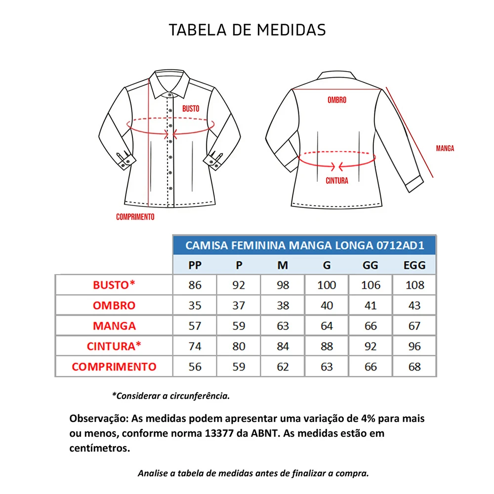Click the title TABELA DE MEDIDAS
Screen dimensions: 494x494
click(x=247, y=30)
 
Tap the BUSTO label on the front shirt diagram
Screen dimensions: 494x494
click(x=191, y=109)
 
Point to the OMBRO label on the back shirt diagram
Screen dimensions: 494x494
click(x=336, y=100)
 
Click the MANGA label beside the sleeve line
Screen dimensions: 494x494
click(x=445, y=148)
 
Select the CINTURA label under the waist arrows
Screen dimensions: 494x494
click(x=336, y=181)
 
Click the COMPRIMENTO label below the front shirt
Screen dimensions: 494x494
click(x=135, y=217)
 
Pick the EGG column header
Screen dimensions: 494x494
click(x=414, y=265)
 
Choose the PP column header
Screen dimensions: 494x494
click(x=195, y=265)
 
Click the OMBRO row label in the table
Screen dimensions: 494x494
click(x=114, y=306)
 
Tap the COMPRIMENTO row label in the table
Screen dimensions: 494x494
click(x=114, y=367)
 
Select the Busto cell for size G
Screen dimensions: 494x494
click(x=327, y=285)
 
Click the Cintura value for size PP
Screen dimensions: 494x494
click(x=195, y=346)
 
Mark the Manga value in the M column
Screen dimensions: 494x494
click(x=283, y=326)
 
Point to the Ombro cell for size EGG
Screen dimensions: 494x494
click(x=414, y=306)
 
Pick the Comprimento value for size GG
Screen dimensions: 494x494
click(x=370, y=367)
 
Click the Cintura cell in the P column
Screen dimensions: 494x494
click(x=239, y=346)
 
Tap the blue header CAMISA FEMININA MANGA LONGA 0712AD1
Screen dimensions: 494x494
click(x=304, y=246)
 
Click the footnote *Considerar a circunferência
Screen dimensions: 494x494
click(x=171, y=396)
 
